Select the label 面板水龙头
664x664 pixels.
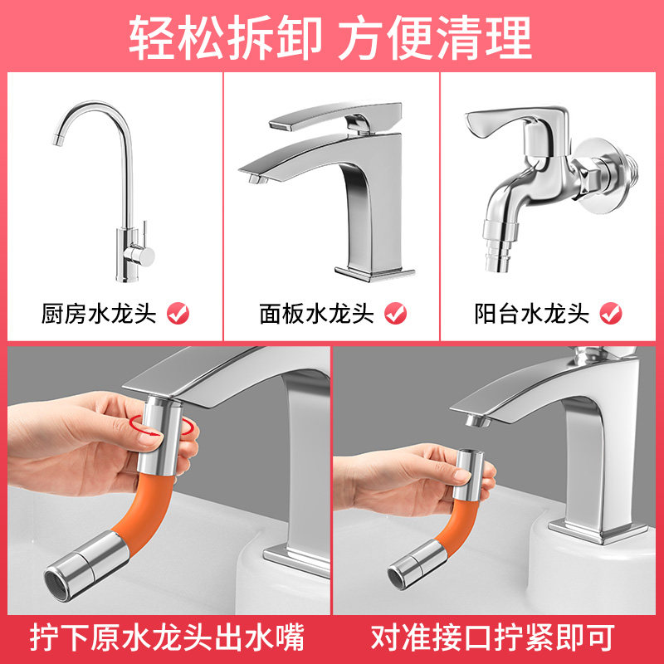[x=317, y=314]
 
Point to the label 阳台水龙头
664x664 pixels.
[x=532, y=314]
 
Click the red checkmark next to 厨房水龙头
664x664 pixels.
[x=178, y=313]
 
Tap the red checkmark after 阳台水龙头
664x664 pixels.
[x=611, y=313]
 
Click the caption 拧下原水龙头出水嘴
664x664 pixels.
[x=166, y=637]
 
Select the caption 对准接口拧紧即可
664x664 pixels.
[x=498, y=637]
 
